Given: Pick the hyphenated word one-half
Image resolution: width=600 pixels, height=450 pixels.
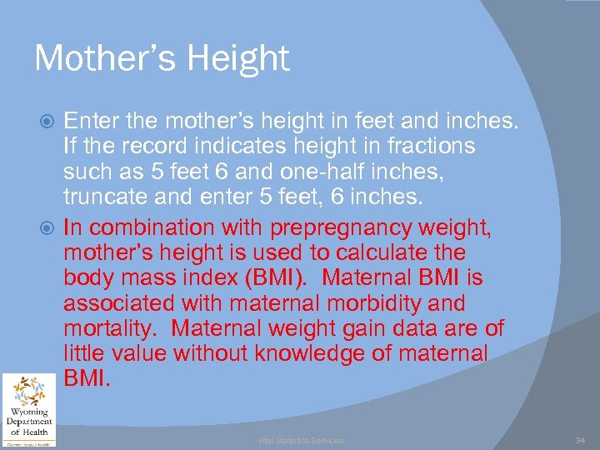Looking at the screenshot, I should click(297, 173).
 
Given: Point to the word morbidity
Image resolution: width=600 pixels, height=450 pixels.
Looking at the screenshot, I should click(376, 303).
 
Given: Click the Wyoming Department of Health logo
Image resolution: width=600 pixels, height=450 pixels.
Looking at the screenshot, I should click(29, 409).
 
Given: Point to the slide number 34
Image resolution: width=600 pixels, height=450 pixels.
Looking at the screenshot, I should click(580, 439).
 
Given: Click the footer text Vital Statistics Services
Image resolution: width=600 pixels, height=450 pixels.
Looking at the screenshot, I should click(299, 440).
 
